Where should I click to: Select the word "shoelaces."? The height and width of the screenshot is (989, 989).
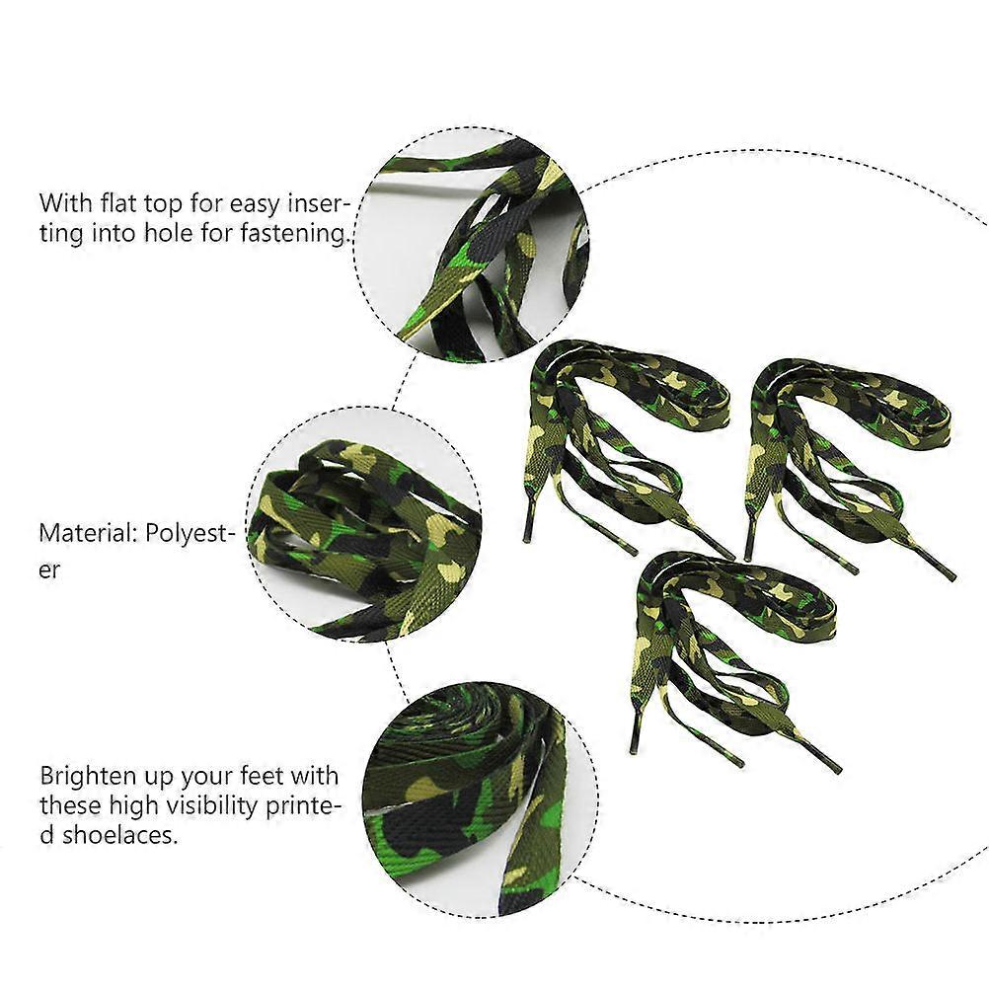click(x=119, y=835)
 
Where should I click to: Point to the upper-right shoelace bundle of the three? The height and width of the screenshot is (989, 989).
click(x=848, y=467)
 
